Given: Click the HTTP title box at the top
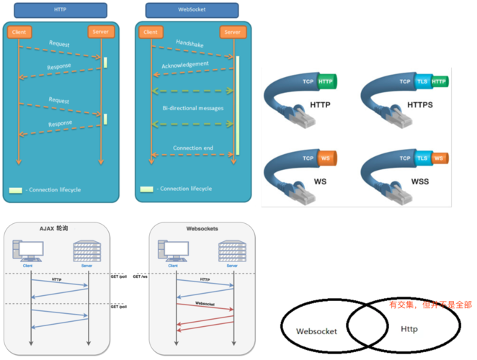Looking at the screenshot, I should point(60,10).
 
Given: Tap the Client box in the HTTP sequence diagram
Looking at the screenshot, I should point(19,32).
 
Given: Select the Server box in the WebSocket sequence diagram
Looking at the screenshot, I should point(231,32).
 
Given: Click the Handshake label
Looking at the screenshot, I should point(189,43).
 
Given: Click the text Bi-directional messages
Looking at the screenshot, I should point(192,107).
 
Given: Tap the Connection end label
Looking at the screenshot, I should point(192,148).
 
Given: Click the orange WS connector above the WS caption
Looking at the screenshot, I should point(325,158).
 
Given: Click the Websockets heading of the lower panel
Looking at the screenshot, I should point(202,228).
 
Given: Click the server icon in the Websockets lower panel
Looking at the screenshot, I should point(231,251).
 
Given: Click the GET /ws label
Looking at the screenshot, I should point(140,277).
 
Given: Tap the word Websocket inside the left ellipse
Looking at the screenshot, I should point(317,330).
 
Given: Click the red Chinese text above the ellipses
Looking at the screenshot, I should point(430,305).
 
